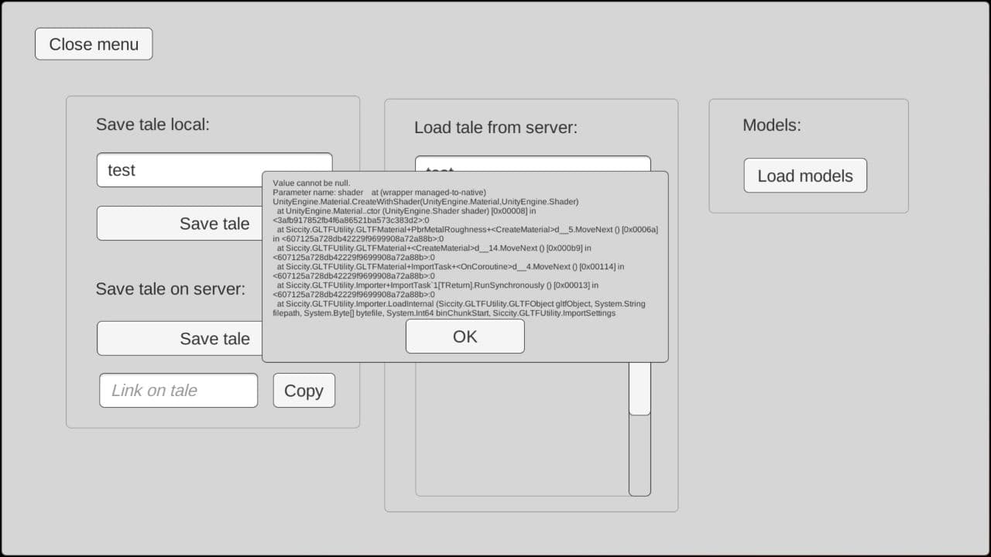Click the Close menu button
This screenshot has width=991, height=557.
click(94, 44)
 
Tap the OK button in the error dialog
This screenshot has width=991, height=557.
click(465, 337)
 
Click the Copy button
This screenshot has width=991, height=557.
click(303, 391)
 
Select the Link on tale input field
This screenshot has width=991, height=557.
click(178, 391)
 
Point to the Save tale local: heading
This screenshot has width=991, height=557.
click(153, 125)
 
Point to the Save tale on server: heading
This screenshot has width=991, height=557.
click(170, 289)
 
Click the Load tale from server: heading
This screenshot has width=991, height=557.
click(495, 128)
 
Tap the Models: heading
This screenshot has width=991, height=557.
click(772, 125)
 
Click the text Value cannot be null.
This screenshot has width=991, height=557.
click(311, 183)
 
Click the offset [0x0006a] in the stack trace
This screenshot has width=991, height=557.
click(640, 230)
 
